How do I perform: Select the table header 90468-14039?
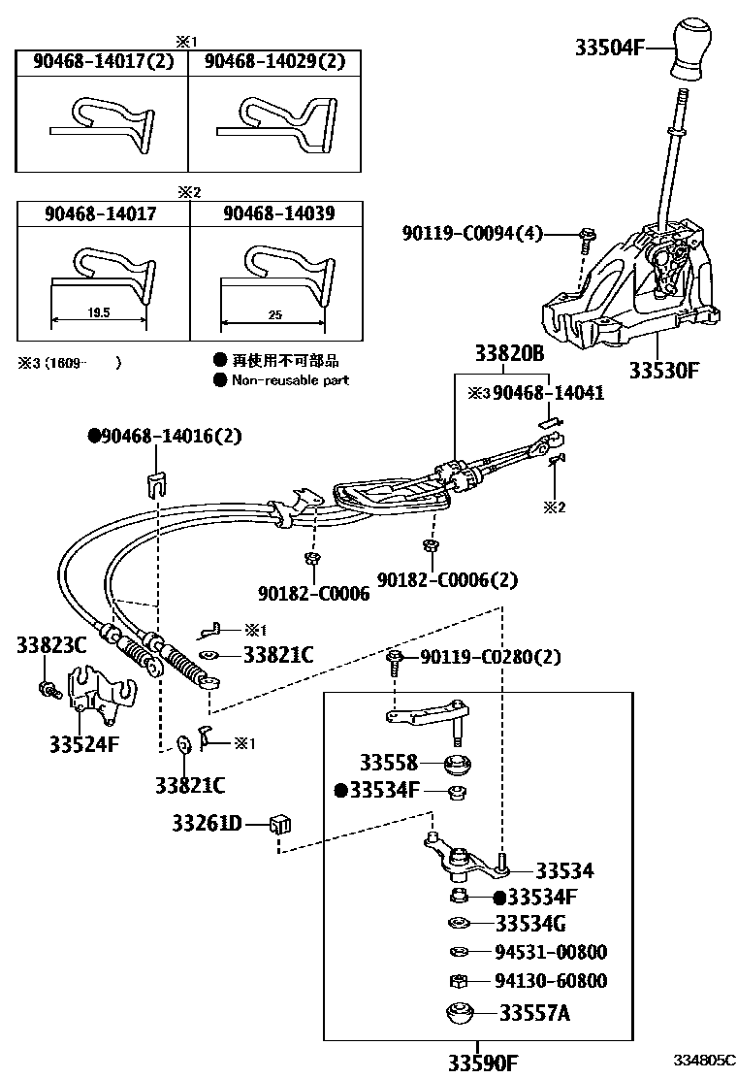coord(278,213)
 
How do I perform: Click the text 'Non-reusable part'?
coord(290,380)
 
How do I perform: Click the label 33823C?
coord(51,644)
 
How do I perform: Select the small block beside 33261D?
coord(281,826)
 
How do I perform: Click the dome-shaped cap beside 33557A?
coord(461,1014)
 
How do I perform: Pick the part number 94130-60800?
coord(551,981)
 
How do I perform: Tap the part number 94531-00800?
coord(551,952)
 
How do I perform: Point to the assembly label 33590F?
coord(482,1063)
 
